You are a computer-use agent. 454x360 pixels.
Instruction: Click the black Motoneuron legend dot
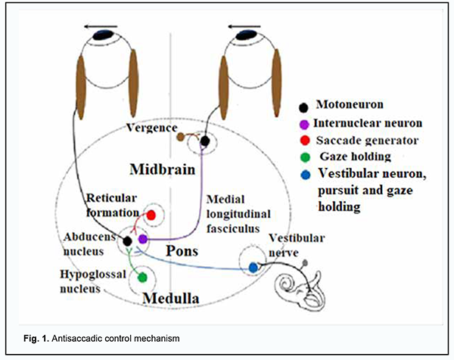(x=303, y=106)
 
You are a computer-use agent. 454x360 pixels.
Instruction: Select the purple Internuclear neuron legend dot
(x=303, y=124)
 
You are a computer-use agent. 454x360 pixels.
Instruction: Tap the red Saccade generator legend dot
(x=303, y=141)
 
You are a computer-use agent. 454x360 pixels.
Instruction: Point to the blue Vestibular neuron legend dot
(x=303, y=176)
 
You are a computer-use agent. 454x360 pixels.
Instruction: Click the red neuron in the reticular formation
(x=151, y=216)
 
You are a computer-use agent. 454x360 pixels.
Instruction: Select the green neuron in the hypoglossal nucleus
(x=141, y=277)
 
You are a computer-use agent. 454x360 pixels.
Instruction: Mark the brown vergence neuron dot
(x=180, y=137)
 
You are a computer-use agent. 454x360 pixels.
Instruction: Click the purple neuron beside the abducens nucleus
(x=142, y=240)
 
